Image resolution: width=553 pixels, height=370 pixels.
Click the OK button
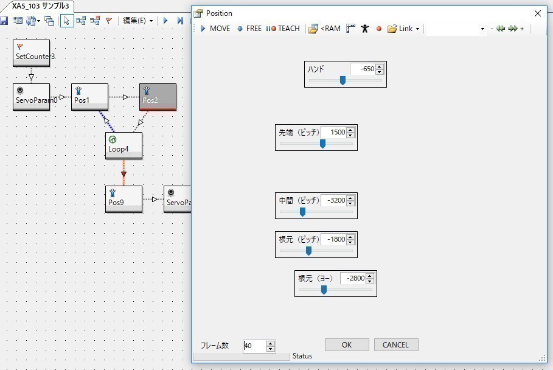coord(347,344)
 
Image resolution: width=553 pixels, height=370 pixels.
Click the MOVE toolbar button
coord(215,29)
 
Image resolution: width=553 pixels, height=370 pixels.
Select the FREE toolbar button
coord(249,29)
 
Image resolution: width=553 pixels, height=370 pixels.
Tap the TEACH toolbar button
coord(283,29)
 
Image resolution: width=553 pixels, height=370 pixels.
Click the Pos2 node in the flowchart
coord(158,97)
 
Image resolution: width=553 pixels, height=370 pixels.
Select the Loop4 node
coord(123,145)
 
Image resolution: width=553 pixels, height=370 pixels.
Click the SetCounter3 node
coord(32,54)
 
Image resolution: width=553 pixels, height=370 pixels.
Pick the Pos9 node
coord(123,199)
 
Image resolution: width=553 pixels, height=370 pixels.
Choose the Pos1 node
coord(89,97)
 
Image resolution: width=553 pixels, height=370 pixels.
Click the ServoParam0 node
coord(32,97)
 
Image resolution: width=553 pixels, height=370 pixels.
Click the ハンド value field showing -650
coord(363,69)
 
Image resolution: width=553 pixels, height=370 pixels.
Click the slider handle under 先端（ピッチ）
coord(322,144)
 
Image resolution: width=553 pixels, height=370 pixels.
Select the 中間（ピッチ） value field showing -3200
coord(333,200)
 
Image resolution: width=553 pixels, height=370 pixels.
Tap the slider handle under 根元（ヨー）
coord(324,290)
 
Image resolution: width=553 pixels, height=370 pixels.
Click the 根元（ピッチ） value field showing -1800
coord(333,240)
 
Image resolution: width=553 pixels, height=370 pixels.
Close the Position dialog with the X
coord(537,13)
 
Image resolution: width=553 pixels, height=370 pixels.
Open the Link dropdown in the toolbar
coord(403,29)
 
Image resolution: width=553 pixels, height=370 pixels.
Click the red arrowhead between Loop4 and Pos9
coord(123,174)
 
